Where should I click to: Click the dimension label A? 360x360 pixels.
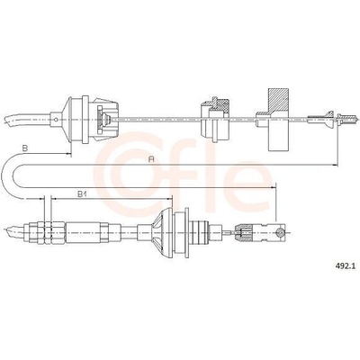151,159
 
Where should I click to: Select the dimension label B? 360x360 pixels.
25,148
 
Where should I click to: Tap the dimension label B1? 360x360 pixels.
82,194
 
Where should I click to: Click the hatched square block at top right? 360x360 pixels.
279,100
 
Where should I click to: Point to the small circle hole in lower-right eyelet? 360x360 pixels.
280,231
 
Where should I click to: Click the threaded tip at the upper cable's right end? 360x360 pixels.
348,117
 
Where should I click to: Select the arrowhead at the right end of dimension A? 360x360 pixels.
336,165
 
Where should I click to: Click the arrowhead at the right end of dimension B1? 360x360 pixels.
170,198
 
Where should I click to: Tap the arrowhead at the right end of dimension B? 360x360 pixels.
68,154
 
